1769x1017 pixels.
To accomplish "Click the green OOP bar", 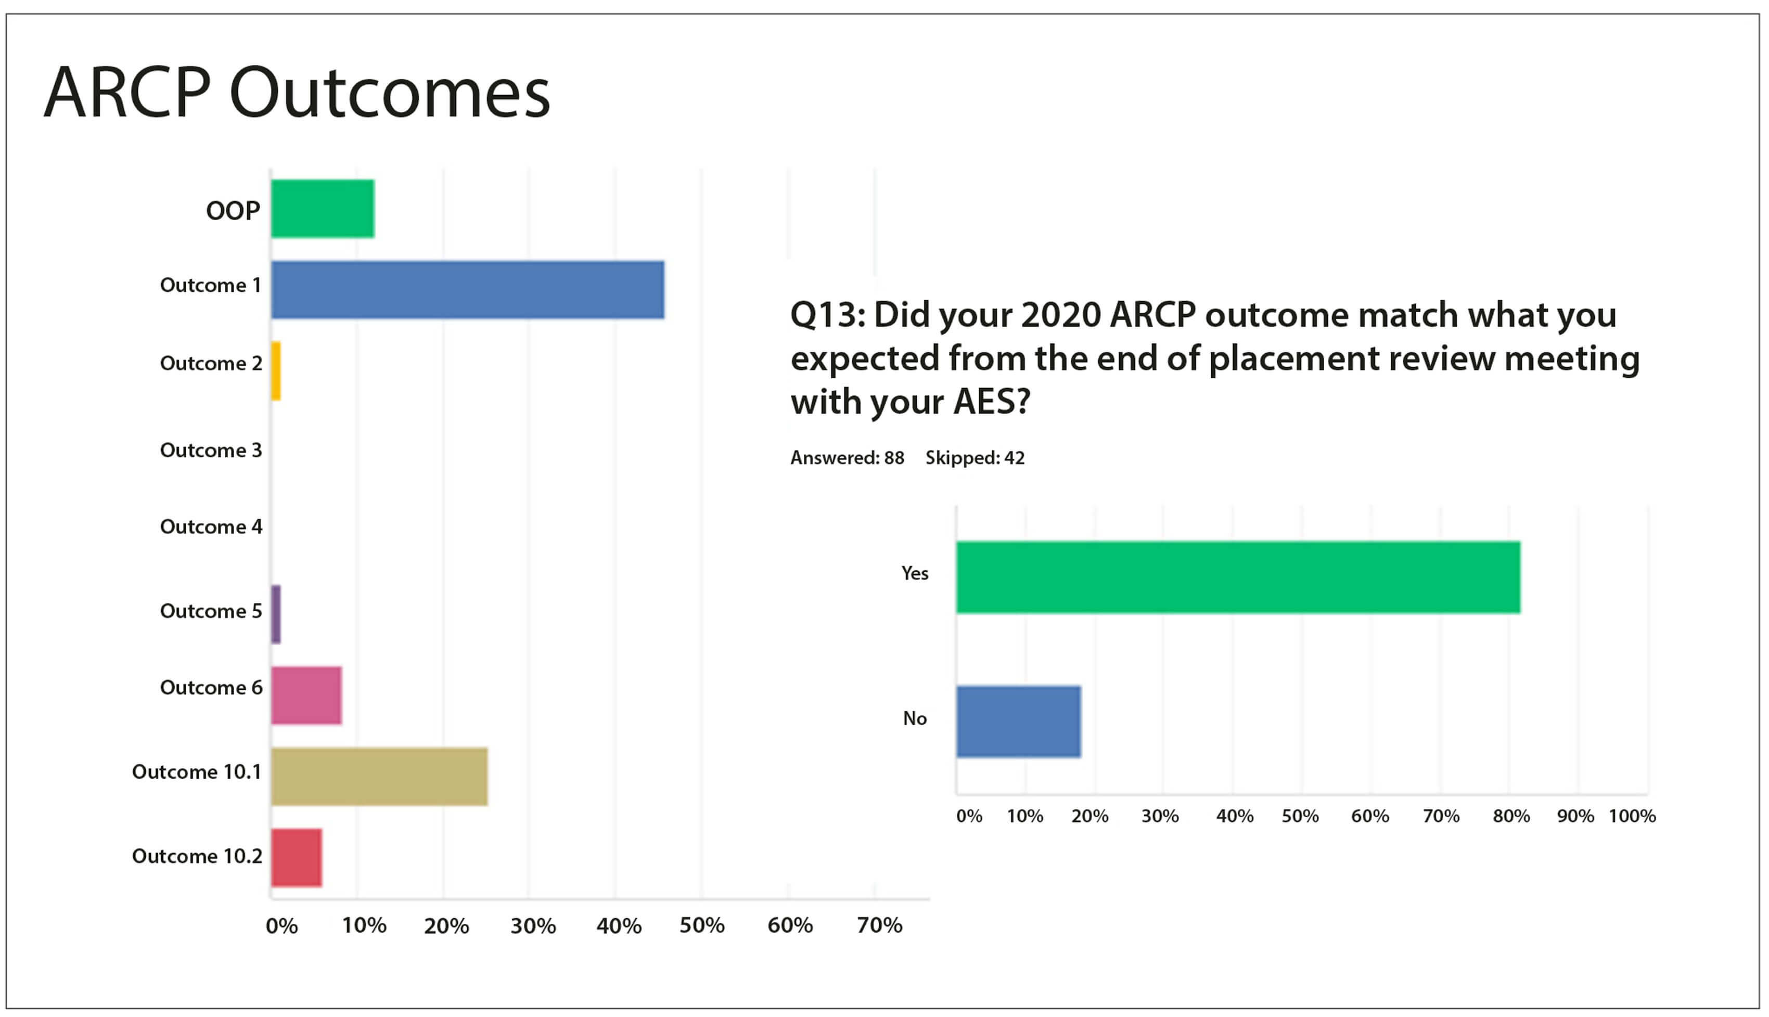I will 322,209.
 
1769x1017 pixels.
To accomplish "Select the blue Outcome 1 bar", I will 467,290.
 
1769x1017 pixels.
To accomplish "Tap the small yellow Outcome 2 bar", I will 276,371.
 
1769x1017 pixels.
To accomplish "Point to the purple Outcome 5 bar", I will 276,615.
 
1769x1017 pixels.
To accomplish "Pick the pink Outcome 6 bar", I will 306,696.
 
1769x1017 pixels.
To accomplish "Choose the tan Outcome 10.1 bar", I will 379,777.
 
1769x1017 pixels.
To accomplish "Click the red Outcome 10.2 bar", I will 296,858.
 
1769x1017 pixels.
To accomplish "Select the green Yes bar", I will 1238,577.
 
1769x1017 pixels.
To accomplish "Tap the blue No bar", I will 1018,722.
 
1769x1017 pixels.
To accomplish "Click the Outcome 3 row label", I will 211,450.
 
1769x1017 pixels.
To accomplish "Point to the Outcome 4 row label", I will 211,526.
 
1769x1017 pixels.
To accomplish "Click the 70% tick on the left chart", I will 879,926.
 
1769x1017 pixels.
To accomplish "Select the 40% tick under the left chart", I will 618,926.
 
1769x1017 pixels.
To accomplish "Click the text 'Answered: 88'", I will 847,458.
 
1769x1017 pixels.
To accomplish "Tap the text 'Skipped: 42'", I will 975,458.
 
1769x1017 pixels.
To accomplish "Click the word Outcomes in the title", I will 390,94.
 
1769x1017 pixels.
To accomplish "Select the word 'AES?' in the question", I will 992,402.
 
